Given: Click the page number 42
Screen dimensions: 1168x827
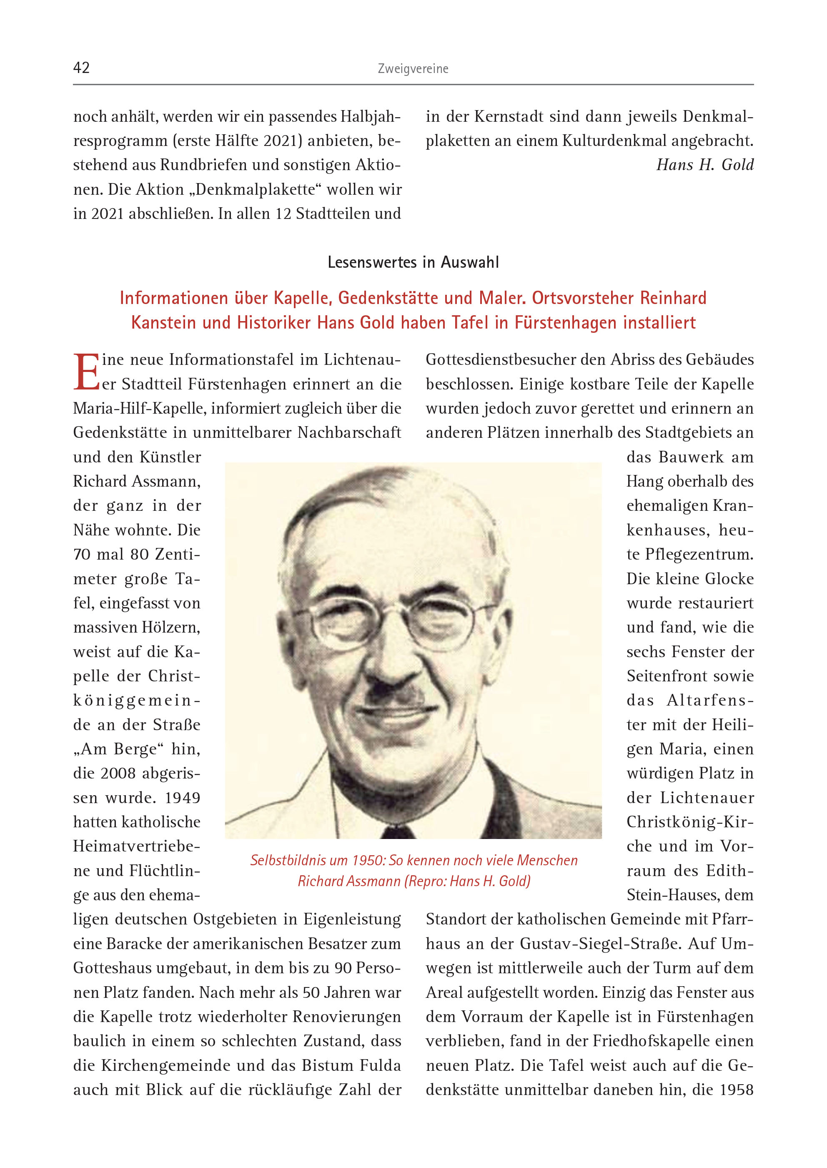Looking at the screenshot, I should (81, 68).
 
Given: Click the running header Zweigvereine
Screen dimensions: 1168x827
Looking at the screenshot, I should (413, 69).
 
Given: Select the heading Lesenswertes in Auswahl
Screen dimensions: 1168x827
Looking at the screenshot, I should (413, 262).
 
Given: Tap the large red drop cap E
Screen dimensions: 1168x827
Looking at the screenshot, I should (87, 372).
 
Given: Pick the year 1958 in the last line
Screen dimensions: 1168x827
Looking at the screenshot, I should (737, 1090).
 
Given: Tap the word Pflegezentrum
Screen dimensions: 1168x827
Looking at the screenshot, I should (699, 554).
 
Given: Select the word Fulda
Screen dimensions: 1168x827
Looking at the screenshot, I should (376, 1065).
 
